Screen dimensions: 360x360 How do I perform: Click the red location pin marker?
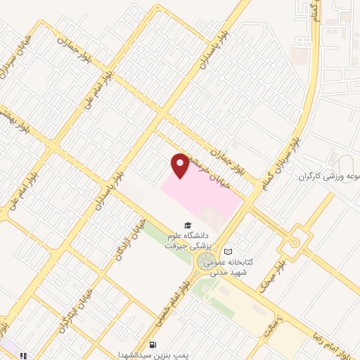point(180,166)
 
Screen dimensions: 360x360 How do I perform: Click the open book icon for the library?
point(227,252)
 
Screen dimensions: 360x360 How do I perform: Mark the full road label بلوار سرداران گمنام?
point(287,161)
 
